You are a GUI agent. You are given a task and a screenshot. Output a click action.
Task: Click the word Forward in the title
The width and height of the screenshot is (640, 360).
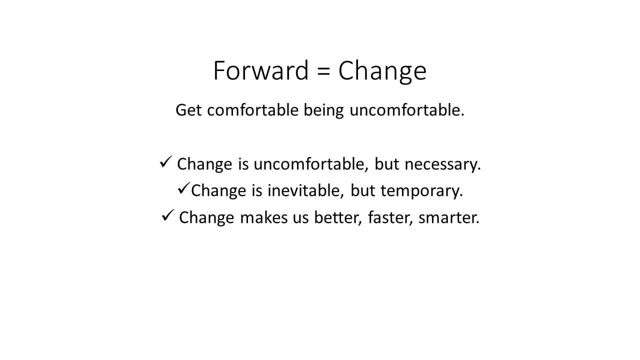(x=261, y=70)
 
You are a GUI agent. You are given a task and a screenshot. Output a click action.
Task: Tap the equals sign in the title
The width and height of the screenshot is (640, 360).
(x=323, y=71)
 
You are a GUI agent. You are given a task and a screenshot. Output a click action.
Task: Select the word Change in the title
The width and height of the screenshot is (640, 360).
(x=382, y=72)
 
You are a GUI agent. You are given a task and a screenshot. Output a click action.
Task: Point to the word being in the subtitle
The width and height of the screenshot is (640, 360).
(x=323, y=111)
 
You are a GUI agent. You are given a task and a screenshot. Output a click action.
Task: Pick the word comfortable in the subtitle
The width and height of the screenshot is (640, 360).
(x=253, y=109)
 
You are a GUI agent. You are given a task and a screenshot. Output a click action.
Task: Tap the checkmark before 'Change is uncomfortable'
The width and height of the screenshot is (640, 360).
(x=166, y=161)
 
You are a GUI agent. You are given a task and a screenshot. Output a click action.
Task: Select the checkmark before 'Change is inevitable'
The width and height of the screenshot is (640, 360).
(x=183, y=188)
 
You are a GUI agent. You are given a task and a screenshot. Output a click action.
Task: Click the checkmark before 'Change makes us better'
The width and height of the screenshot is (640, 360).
(x=168, y=215)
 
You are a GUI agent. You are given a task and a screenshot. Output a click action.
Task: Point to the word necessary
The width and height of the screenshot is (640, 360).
(x=443, y=165)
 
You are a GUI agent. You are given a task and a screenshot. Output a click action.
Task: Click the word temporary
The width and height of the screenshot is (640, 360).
(x=421, y=191)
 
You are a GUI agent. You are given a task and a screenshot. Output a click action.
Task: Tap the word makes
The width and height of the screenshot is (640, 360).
(x=263, y=217)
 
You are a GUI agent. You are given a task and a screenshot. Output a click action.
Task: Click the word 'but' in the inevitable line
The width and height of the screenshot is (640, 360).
(x=362, y=190)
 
